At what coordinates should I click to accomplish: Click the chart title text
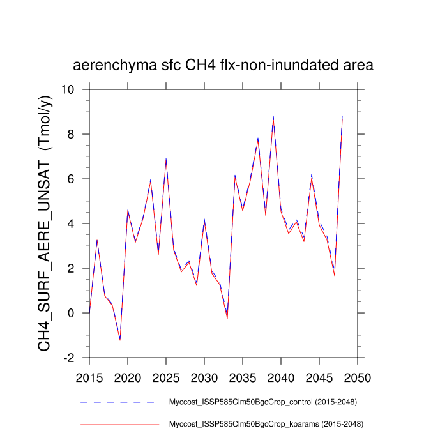pos(223,65)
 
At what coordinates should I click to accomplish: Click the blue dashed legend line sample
pos(119,402)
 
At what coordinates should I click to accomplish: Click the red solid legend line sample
pos(119,423)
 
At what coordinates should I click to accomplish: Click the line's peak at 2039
pos(273,117)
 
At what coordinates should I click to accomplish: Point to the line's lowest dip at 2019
pos(120,339)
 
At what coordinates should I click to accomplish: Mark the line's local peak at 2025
pos(166,160)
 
